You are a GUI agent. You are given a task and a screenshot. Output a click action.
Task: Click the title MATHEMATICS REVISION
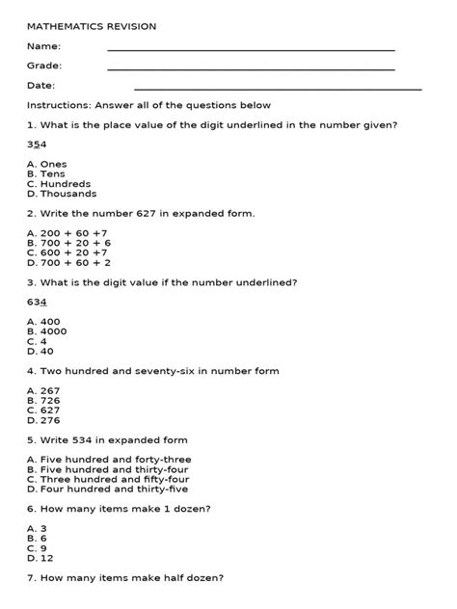[92, 26]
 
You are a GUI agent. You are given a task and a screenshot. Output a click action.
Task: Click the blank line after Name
[251, 49]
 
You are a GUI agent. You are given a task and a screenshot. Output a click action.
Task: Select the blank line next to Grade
[251, 69]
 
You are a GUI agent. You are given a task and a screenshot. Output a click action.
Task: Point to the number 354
[36, 144]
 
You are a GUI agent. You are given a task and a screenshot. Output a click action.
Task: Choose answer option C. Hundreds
[59, 183]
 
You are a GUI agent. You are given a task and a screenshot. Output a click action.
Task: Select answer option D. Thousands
[62, 193]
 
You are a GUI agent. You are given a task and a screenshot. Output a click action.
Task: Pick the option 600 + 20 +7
[67, 252]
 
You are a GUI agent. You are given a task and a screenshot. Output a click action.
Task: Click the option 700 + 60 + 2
[68, 262]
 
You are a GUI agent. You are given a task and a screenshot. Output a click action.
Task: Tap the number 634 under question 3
[36, 302]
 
